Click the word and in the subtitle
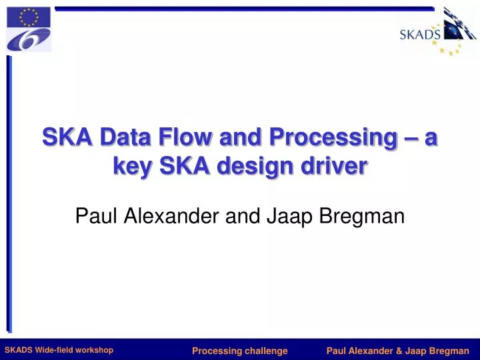point(241,215)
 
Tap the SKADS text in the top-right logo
point(419,35)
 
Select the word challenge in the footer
point(263,351)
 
